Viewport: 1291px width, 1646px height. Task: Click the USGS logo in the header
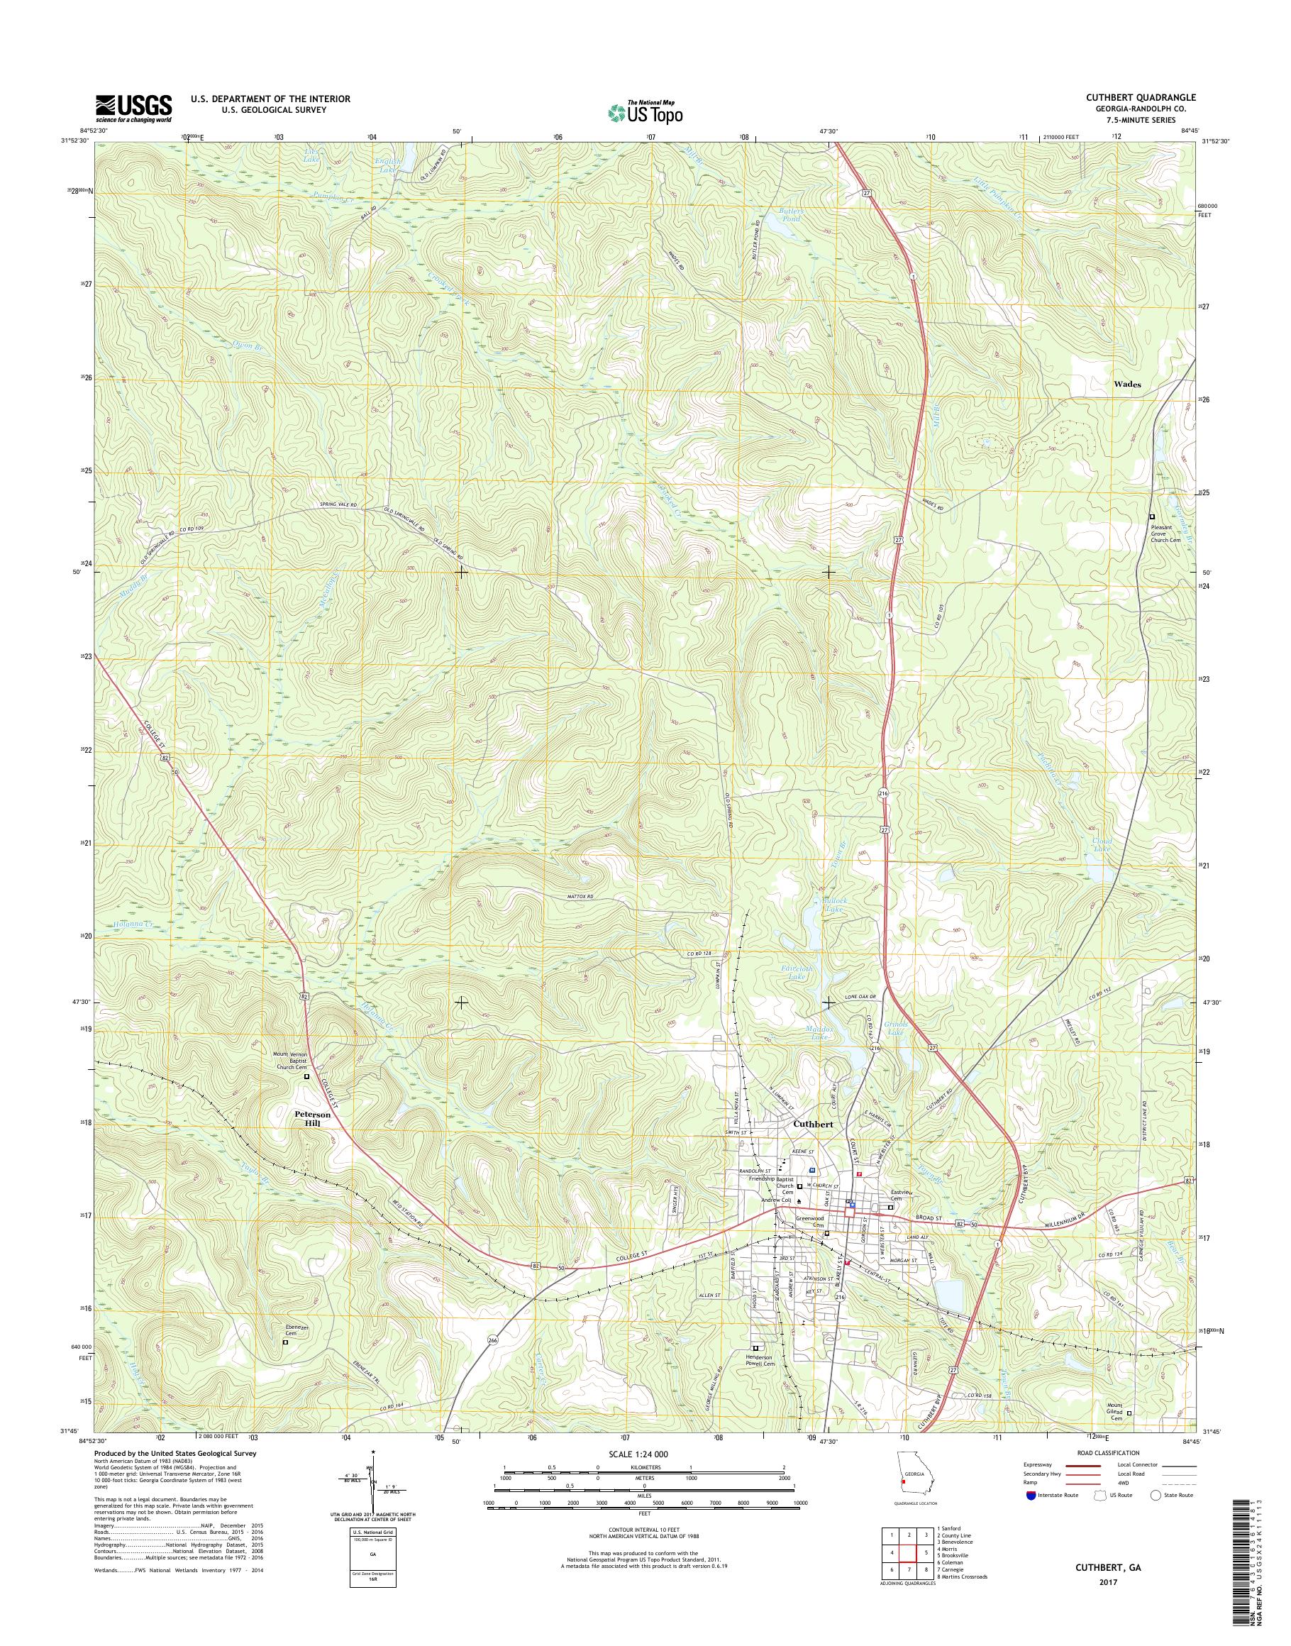click(x=133, y=108)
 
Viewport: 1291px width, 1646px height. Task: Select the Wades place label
click(x=1127, y=384)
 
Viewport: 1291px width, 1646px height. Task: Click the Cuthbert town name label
click(x=814, y=1125)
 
